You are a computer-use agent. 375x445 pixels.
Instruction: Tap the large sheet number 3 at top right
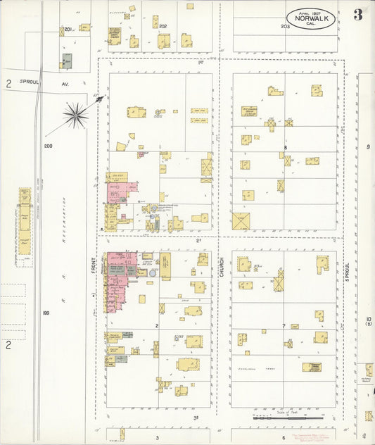(358, 15)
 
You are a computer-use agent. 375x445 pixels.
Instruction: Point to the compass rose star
(75, 113)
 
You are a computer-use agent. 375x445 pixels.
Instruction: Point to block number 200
(48, 146)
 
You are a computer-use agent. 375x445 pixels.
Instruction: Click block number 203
(285, 26)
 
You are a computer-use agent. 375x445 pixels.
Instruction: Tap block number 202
(163, 26)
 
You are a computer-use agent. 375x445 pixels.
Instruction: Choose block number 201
(68, 30)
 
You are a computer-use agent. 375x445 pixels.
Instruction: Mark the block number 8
(285, 147)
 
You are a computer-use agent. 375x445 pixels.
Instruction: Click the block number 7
(284, 326)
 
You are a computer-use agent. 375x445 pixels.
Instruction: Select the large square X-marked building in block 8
(241, 222)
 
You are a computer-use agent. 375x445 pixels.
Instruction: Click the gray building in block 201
(67, 61)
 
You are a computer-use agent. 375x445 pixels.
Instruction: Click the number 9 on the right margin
(368, 146)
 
